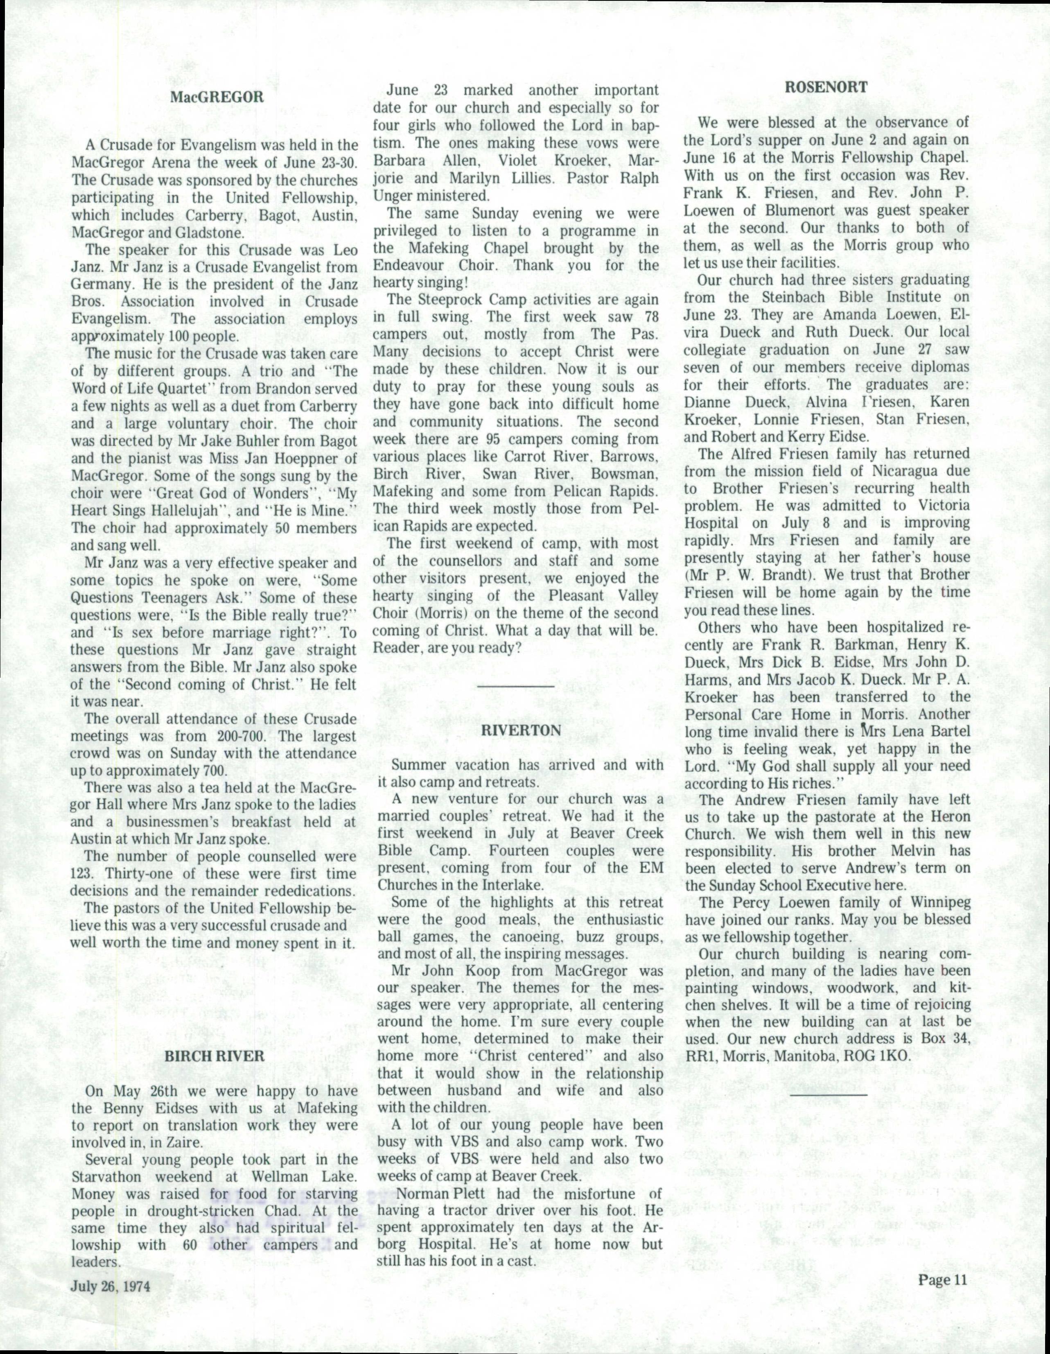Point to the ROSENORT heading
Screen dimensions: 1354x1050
click(827, 87)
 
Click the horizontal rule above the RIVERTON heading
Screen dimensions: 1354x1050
click(515, 686)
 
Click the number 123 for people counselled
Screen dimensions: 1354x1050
click(82, 874)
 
